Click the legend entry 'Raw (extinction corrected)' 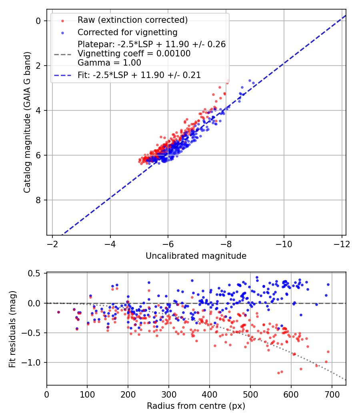132,20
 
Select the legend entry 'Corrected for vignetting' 127,32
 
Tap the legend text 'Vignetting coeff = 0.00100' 134,53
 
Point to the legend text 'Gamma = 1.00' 109,62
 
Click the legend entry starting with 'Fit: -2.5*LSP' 139,74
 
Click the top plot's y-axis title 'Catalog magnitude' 27,122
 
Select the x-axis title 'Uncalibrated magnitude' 196,256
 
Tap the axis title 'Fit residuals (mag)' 12,328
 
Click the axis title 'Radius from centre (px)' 196,406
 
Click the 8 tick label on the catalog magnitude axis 39,200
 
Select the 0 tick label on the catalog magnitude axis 39,21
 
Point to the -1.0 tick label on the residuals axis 33,362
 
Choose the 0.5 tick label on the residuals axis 35,274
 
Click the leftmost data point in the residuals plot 58,312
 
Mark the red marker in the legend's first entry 62,20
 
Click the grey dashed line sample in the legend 62,54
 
